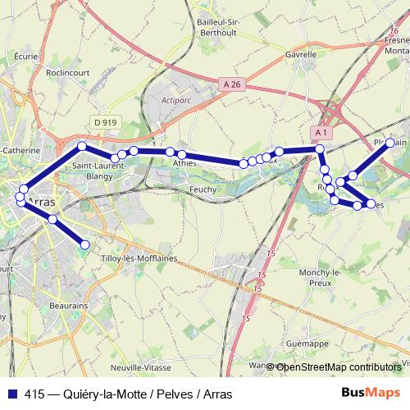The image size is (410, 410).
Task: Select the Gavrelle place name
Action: [301, 55]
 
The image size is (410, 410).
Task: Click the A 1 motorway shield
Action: [321, 132]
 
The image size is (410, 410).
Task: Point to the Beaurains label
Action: [68, 304]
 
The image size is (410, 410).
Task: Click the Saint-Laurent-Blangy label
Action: [99, 169]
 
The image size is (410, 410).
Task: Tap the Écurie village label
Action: [26, 56]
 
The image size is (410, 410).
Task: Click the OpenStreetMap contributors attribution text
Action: [339, 367]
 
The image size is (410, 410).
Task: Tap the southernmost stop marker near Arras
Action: [84, 244]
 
